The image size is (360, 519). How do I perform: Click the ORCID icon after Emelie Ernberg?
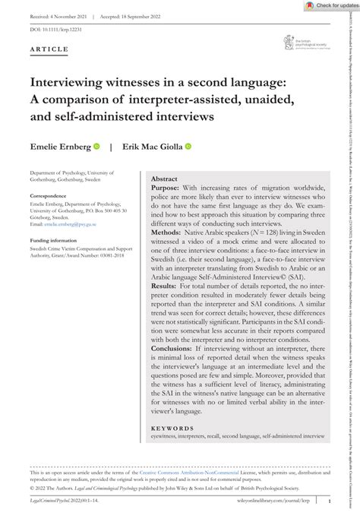[x=96, y=147]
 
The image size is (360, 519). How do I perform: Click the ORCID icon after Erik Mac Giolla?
[x=188, y=147]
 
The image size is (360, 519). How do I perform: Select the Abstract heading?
[x=164, y=179]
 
